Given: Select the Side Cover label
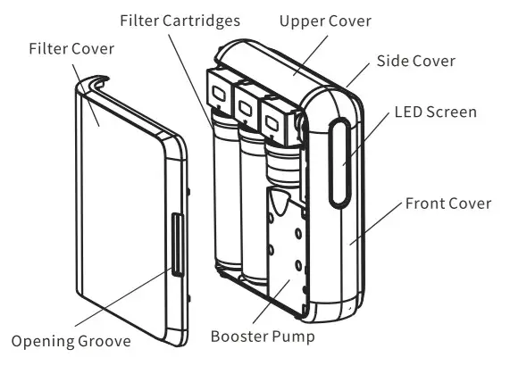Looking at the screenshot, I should pos(416,61).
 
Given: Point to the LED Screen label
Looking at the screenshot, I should pos(436,112).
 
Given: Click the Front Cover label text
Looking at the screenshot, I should pos(448,204).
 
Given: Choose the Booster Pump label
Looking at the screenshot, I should pos(262,337).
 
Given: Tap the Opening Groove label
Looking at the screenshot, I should pos(71,341).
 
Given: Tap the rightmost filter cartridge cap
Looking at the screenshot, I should pos(274,112).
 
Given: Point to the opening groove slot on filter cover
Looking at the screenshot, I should pos(176,245).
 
